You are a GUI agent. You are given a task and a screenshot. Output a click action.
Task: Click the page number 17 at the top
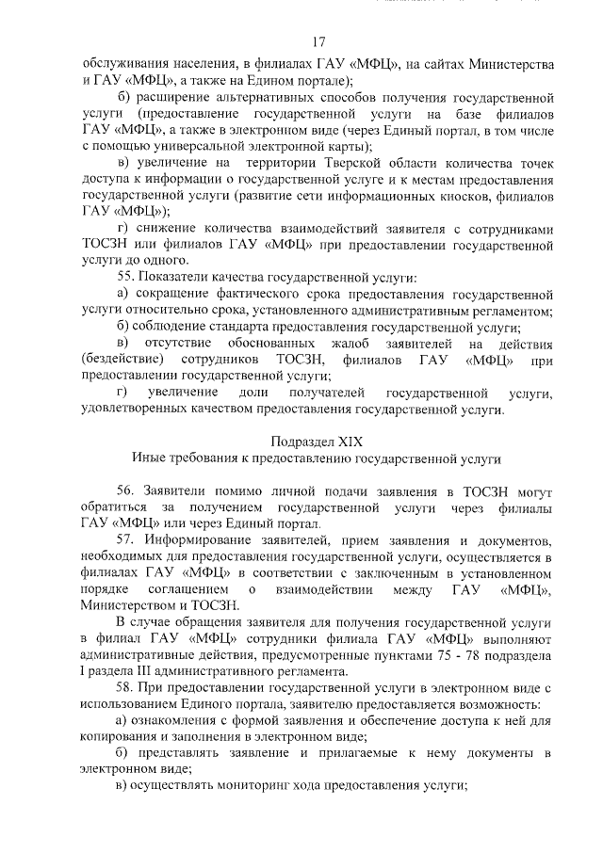coord(318,41)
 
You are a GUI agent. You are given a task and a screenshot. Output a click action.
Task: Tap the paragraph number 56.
coord(127,491)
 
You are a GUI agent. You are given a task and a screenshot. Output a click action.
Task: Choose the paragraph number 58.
coord(126,687)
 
